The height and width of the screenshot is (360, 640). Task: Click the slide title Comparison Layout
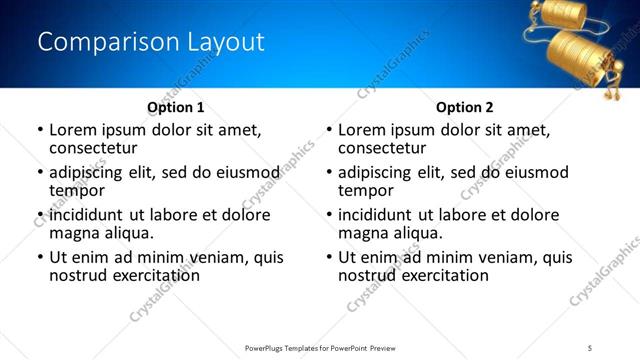151,42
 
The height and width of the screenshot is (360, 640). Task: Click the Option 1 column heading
176,107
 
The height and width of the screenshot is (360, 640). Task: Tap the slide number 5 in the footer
590,347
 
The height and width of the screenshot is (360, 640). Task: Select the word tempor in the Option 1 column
77,191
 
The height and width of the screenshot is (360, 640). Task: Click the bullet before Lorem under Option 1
40,131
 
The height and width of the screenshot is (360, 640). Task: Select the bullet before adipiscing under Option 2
329,173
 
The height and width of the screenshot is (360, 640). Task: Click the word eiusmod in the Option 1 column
245,173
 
